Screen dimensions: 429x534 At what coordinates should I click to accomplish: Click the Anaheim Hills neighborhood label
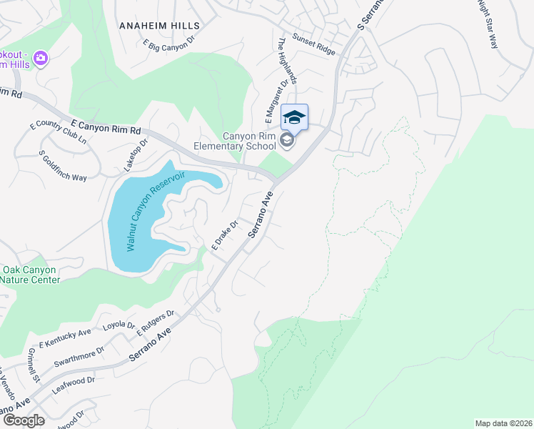(x=158, y=25)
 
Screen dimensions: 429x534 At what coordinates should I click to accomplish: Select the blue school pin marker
(x=295, y=117)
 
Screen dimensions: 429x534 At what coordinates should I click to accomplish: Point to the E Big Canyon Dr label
(x=169, y=44)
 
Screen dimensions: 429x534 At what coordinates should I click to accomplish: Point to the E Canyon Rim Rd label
(x=107, y=125)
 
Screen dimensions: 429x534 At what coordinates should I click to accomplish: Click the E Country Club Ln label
(x=58, y=134)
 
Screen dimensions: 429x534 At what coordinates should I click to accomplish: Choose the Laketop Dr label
(x=135, y=154)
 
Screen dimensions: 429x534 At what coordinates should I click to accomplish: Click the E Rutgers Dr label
(x=156, y=323)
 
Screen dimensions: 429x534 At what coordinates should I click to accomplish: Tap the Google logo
(x=24, y=420)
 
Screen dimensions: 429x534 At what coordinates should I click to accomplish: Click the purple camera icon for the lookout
(x=41, y=57)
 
